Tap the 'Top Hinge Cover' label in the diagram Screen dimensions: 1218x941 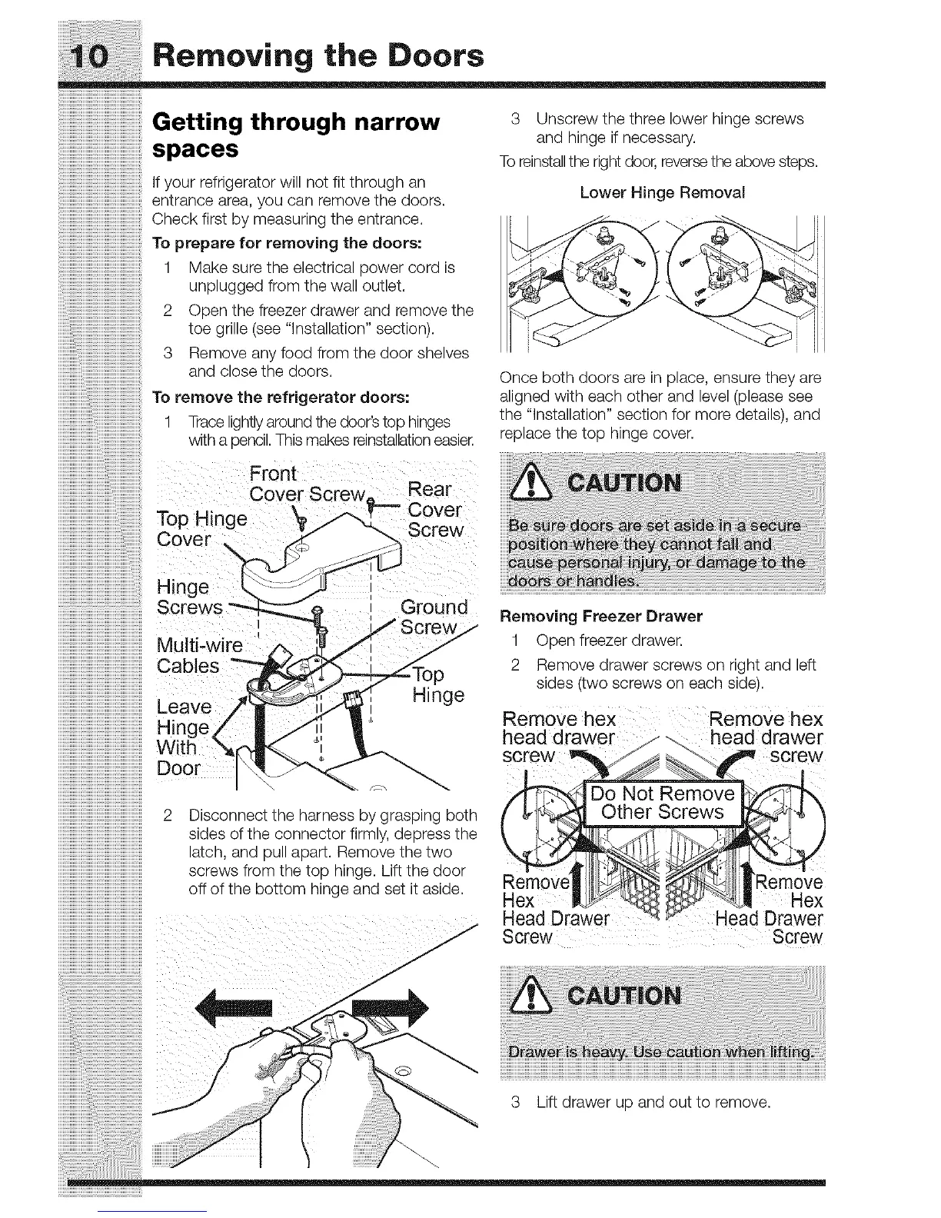click(x=201, y=529)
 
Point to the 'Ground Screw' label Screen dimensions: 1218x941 click(x=434, y=617)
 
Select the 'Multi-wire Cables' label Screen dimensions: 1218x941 click(x=198, y=654)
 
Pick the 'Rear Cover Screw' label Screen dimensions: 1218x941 click(x=435, y=510)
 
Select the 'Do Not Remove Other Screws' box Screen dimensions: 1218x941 click(x=662, y=803)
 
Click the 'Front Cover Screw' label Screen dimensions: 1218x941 click(x=308, y=483)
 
